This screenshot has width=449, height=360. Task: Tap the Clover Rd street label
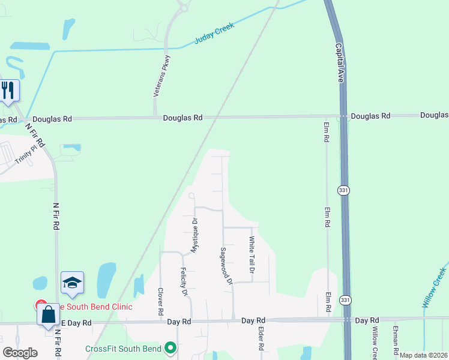(161, 301)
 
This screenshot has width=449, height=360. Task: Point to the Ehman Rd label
(396, 339)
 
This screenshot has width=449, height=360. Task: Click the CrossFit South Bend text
(123, 349)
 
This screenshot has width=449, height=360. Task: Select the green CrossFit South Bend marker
(171, 348)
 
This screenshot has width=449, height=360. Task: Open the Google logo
(20, 353)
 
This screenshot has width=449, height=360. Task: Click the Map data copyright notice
(423, 355)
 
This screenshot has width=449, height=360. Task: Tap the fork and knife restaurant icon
(8, 91)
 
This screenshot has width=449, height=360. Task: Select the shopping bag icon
(48, 314)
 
